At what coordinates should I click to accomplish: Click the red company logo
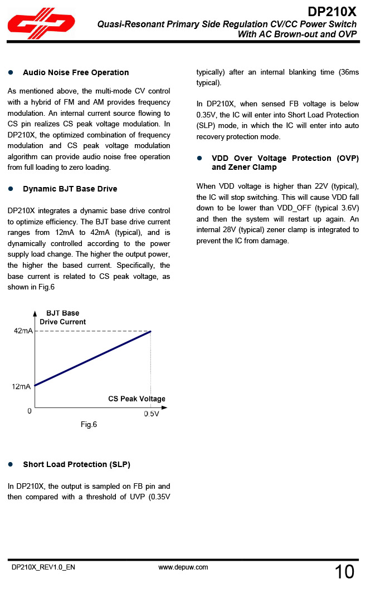(41, 24)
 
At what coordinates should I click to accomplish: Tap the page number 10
(344, 572)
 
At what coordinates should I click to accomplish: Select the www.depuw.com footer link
(183, 567)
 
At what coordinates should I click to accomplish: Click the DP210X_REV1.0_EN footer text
(43, 567)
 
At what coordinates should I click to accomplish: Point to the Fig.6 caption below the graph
(89, 425)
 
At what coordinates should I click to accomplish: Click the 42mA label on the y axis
(23, 331)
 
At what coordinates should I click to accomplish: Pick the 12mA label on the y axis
(21, 387)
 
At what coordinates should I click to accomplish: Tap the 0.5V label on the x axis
(152, 414)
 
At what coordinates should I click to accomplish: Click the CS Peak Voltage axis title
(136, 399)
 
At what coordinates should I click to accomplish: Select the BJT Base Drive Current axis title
(62, 317)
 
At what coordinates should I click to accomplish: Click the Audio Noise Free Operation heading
(76, 72)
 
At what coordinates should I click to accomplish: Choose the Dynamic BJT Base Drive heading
(70, 189)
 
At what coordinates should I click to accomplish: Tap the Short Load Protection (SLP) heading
(76, 464)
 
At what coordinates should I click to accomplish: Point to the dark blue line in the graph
(92, 358)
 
